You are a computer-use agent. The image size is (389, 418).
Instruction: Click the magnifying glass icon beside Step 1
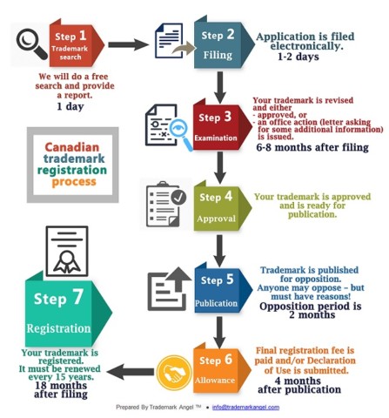tap(31, 44)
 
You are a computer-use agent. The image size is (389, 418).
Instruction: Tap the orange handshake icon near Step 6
tap(174, 373)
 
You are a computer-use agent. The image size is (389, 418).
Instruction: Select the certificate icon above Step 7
tap(67, 251)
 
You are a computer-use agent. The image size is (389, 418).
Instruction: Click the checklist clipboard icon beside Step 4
tap(166, 204)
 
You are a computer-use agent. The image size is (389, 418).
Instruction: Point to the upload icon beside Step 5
tap(169, 289)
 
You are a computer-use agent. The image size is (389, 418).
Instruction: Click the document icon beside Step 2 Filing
tap(172, 41)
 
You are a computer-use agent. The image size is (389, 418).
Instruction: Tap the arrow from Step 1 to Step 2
tap(128, 44)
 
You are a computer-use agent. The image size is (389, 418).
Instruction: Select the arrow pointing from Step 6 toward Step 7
tap(131, 372)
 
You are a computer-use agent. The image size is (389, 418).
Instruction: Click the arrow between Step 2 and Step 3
tap(220, 87)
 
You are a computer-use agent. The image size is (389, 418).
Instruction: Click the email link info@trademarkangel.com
tap(245, 408)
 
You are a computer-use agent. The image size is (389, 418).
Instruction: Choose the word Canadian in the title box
tap(72, 147)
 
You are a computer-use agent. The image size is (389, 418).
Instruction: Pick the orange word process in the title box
tap(74, 182)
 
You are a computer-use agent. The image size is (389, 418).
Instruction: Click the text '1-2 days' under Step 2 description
tap(298, 57)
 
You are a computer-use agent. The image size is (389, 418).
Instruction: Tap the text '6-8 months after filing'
tap(312, 147)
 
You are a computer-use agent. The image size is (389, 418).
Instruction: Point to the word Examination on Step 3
tap(216, 138)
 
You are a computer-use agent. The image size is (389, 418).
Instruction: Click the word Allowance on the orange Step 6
tap(215, 380)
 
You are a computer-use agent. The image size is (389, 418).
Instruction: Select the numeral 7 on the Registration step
tap(78, 297)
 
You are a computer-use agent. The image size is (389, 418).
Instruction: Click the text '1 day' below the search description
tap(70, 106)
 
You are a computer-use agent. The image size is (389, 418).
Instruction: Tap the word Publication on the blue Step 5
tap(216, 303)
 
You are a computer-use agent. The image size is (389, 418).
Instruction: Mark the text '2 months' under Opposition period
tap(312, 314)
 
